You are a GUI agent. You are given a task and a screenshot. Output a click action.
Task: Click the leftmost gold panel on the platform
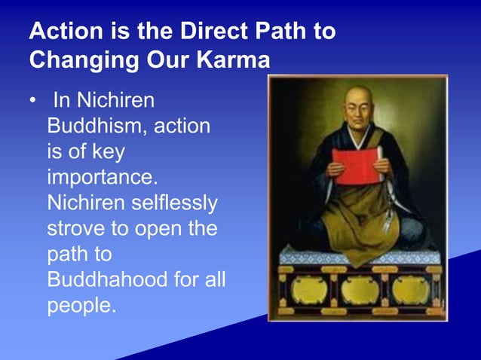306,290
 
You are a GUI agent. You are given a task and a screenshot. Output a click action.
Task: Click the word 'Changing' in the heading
81,59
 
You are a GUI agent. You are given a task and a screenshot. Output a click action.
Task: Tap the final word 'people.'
81,307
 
